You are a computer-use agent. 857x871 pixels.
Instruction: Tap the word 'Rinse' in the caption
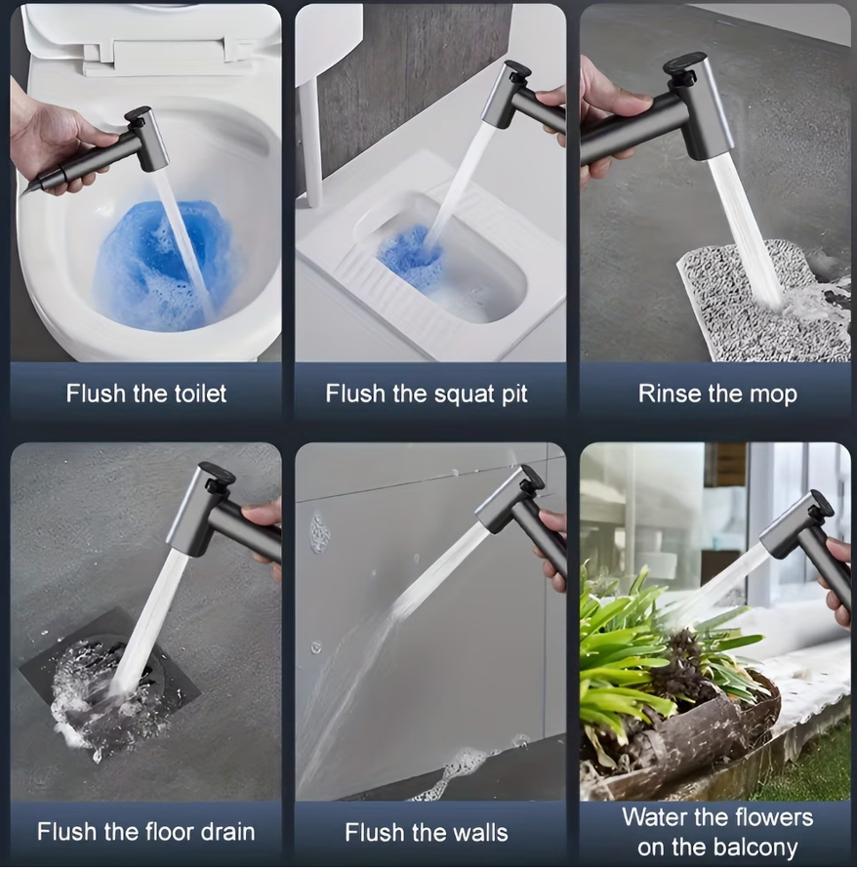[669, 394]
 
